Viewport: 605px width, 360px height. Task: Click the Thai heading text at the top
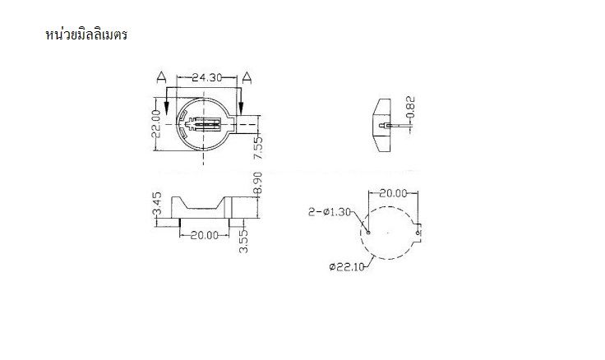pos(86,35)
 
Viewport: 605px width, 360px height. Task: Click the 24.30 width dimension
pos(207,77)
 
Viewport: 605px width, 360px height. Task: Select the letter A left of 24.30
pos(161,77)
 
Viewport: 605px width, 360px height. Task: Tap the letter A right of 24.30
pos(247,77)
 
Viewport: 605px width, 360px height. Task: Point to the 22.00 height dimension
pos(156,123)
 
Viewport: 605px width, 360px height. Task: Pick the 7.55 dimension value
pos(258,146)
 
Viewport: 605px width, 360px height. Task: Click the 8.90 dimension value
pos(258,184)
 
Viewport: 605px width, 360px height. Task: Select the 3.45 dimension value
pos(158,204)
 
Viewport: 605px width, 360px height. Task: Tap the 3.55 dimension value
pos(243,241)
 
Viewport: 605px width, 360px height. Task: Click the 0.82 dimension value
pos(411,108)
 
